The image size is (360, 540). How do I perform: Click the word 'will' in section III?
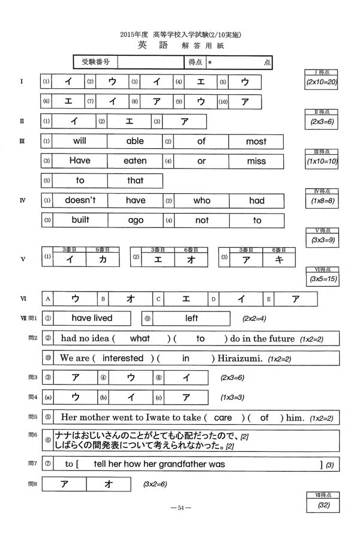point(80,142)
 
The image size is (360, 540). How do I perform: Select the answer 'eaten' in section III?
point(135,161)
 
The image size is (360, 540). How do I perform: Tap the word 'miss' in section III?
point(256,161)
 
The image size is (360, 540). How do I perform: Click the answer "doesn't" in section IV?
point(80,201)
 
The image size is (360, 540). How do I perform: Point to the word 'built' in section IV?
point(80,220)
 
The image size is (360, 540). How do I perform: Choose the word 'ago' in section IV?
point(136,220)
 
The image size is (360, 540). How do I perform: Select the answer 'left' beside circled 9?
point(191,318)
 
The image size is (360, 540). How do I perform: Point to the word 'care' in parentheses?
point(223,418)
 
